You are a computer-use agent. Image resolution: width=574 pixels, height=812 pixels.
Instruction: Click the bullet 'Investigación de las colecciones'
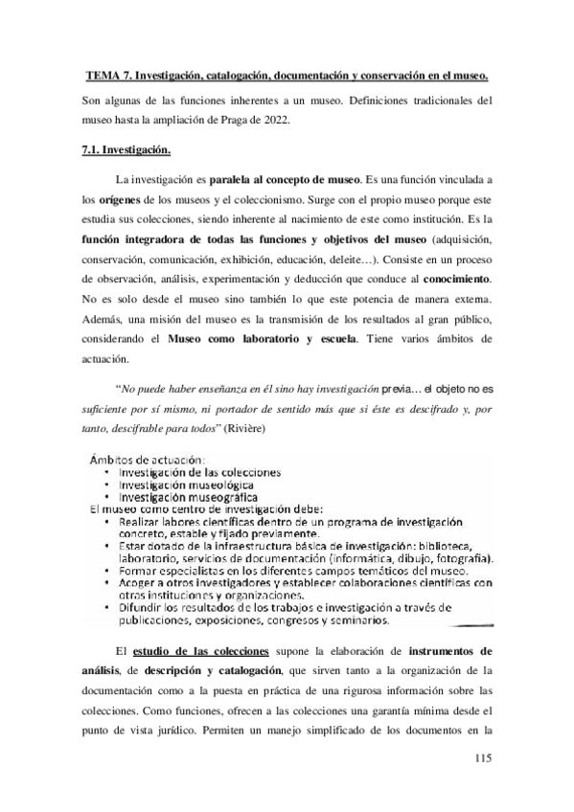coord(199,471)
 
